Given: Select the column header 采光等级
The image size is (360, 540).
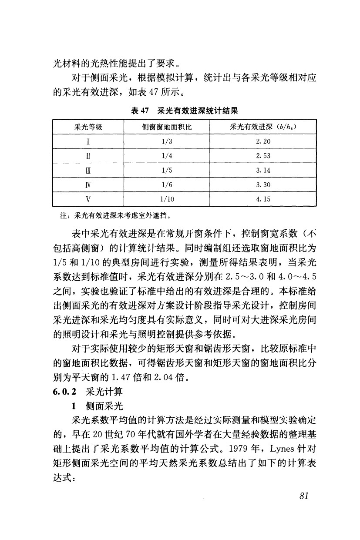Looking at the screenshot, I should click(88, 127).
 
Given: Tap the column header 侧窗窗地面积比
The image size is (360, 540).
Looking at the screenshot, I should click(167, 127).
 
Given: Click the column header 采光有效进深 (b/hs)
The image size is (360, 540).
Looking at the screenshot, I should click(263, 127).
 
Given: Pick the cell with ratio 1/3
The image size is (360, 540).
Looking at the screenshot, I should click(167, 141).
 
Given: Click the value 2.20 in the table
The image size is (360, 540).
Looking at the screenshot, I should click(263, 141).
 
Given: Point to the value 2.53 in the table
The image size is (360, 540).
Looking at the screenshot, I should click(263, 156).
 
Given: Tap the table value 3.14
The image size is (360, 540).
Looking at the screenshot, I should click(263, 170).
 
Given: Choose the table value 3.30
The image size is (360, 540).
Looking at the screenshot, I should click(263, 184).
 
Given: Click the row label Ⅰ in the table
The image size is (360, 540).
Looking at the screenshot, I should click(88, 141).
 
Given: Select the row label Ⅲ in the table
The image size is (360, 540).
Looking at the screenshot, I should click(88, 170).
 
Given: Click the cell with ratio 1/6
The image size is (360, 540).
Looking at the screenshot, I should click(167, 184).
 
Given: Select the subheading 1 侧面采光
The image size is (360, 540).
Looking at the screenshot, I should click(98, 406).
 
